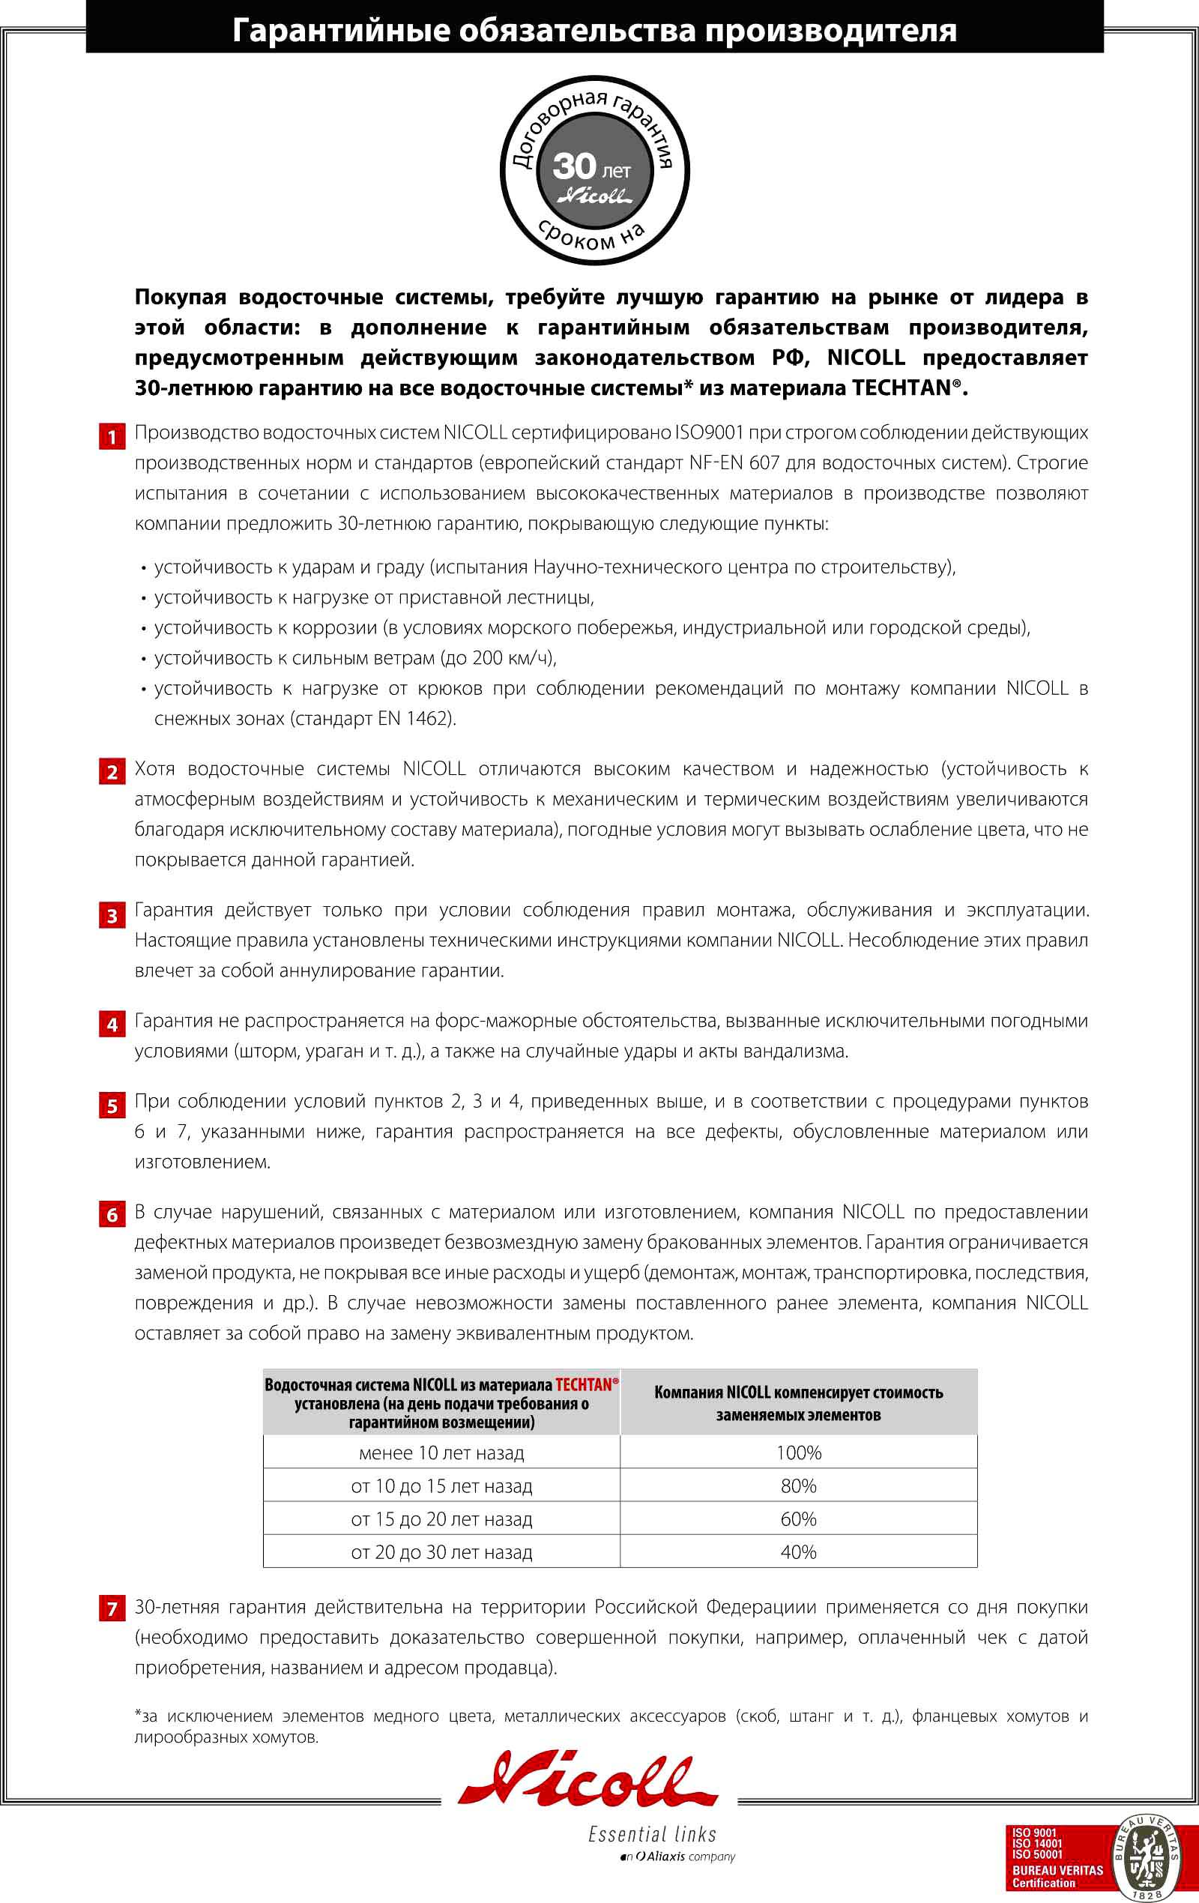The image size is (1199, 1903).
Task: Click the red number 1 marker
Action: (112, 437)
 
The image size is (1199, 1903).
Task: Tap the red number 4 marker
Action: (112, 1025)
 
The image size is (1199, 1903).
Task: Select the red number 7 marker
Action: (112, 1608)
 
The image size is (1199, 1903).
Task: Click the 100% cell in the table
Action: (798, 1453)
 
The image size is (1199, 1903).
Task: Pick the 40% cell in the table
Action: (798, 1552)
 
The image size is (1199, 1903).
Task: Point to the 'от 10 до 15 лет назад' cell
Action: (441, 1486)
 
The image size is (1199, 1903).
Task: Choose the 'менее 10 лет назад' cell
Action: (441, 1453)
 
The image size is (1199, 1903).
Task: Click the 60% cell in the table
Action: (798, 1519)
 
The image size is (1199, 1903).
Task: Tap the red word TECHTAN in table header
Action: (584, 1384)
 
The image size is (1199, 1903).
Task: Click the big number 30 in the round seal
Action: (575, 166)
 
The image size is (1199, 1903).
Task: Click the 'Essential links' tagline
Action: (652, 1834)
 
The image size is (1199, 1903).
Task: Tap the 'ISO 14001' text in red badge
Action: (1037, 1843)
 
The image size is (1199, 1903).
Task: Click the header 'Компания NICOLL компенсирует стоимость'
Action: (798, 1393)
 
